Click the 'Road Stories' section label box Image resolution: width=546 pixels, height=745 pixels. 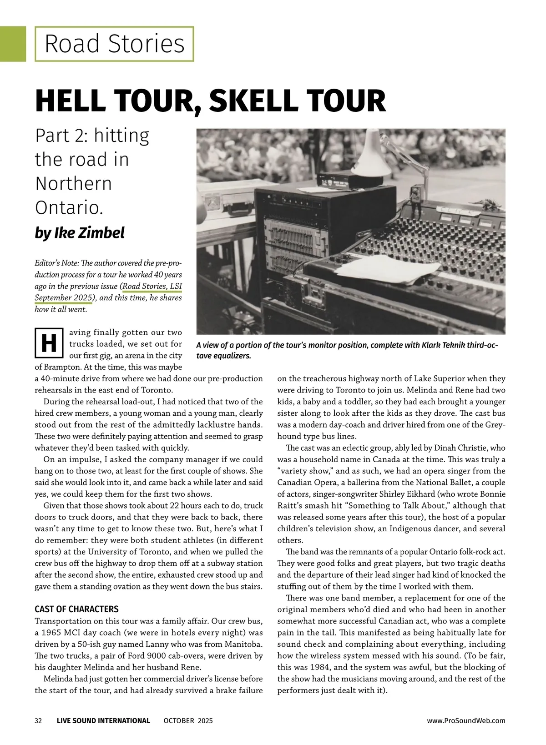114,44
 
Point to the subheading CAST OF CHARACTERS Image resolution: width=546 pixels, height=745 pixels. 76,609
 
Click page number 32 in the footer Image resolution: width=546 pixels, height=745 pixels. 39,720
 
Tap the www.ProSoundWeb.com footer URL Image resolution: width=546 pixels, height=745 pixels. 466,720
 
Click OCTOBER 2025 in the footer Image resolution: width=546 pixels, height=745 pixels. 188,720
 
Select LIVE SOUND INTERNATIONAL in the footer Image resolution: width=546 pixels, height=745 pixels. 103,720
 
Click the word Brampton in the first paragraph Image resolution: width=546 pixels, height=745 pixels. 53,367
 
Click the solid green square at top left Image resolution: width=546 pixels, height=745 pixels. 13,44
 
